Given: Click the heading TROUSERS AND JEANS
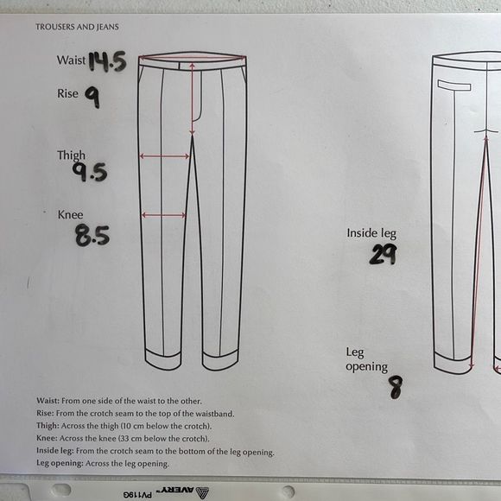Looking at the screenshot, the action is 77,27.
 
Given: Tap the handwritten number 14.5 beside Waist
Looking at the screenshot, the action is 107,61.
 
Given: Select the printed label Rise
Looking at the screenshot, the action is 67,93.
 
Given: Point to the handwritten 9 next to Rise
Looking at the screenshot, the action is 92,98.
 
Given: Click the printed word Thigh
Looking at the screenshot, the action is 71,155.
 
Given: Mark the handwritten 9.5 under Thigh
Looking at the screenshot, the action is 90,172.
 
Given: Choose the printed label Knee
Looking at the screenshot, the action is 70,214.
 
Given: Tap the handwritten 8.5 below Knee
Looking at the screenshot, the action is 92,236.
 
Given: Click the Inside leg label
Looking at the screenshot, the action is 371,233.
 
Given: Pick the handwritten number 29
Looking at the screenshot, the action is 384,254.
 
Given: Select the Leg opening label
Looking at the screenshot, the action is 366,360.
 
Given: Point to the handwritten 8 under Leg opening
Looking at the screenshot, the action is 396,387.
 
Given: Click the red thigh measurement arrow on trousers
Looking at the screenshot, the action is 164,156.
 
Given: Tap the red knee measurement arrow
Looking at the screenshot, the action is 163,215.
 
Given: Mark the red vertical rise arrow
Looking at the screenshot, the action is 192,99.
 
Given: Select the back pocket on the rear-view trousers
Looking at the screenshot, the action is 454,86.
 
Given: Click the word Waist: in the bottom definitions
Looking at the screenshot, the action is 48,401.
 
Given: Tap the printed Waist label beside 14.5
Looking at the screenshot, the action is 71,60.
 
